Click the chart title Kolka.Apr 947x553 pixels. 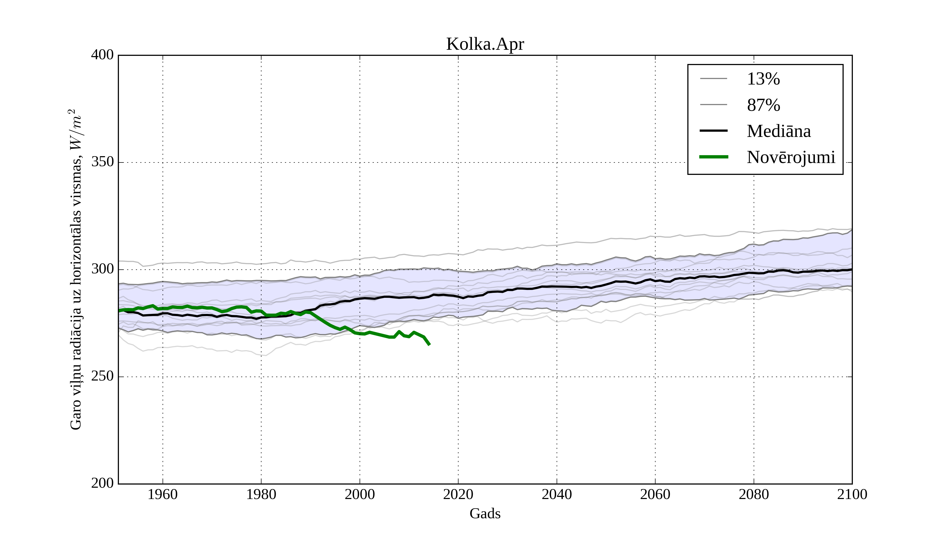485,45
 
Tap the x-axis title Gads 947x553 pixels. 485,513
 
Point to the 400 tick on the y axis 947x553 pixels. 102,55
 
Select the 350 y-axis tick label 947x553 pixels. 102,162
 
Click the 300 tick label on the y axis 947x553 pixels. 102,269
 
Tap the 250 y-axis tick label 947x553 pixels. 102,377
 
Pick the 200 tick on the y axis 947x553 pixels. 102,483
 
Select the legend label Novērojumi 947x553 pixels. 791,157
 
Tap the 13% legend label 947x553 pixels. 763,79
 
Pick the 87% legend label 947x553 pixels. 763,105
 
